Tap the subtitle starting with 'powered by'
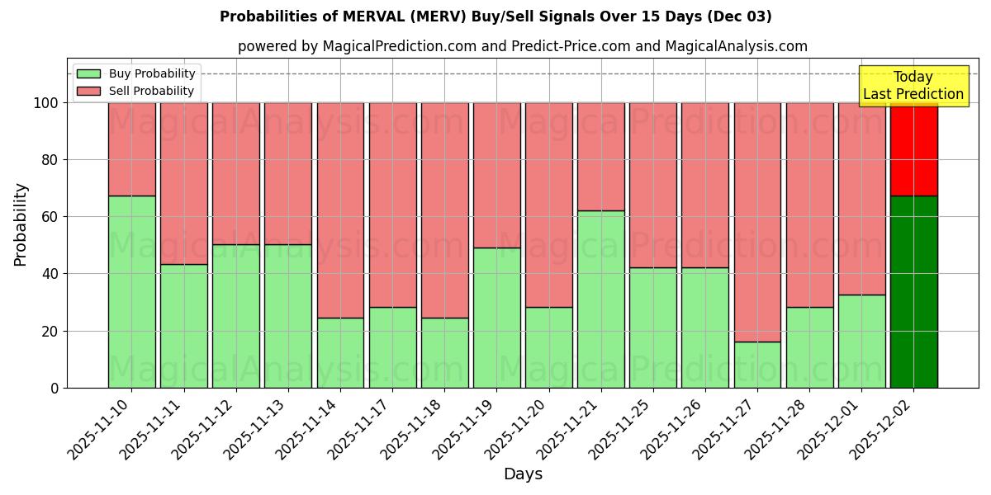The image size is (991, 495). click(x=522, y=46)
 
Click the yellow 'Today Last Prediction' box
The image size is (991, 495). click(x=913, y=86)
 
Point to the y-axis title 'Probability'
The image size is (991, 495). click(x=21, y=224)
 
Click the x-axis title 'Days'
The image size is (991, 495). click(x=523, y=474)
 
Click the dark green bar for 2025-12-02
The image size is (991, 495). click(x=913, y=292)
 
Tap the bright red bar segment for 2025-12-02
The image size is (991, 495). click(x=913, y=149)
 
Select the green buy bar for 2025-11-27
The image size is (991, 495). click(x=757, y=365)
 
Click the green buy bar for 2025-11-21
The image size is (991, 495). click(x=600, y=299)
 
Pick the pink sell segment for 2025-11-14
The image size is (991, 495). click(x=340, y=210)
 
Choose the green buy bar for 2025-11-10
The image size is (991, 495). click(x=131, y=292)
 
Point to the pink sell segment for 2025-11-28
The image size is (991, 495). click(x=809, y=205)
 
